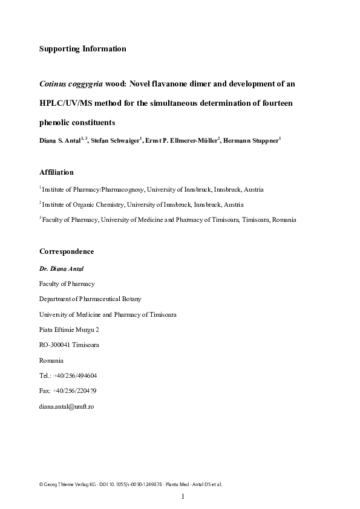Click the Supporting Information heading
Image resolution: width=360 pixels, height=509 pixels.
[x=82, y=49]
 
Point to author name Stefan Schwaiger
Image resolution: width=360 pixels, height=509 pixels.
[x=116, y=141]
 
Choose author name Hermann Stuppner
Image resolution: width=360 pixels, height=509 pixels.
[x=250, y=141]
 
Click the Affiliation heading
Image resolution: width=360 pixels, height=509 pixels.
[x=56, y=172]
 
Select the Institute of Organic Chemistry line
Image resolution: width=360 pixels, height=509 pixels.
[x=143, y=205]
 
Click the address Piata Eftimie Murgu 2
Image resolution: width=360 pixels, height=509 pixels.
[x=69, y=330]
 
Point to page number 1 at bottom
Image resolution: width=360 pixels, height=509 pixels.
[x=182, y=497]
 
